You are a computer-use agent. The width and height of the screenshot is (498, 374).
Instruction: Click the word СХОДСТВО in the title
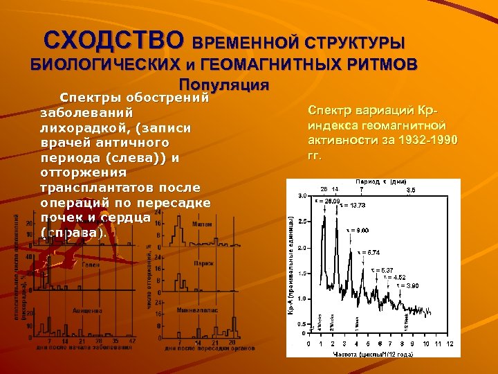pos(115,39)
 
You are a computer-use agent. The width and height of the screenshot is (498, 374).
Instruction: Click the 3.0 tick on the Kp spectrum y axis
pos(302,196)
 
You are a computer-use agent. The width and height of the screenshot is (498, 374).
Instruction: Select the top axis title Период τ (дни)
pos(380,181)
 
